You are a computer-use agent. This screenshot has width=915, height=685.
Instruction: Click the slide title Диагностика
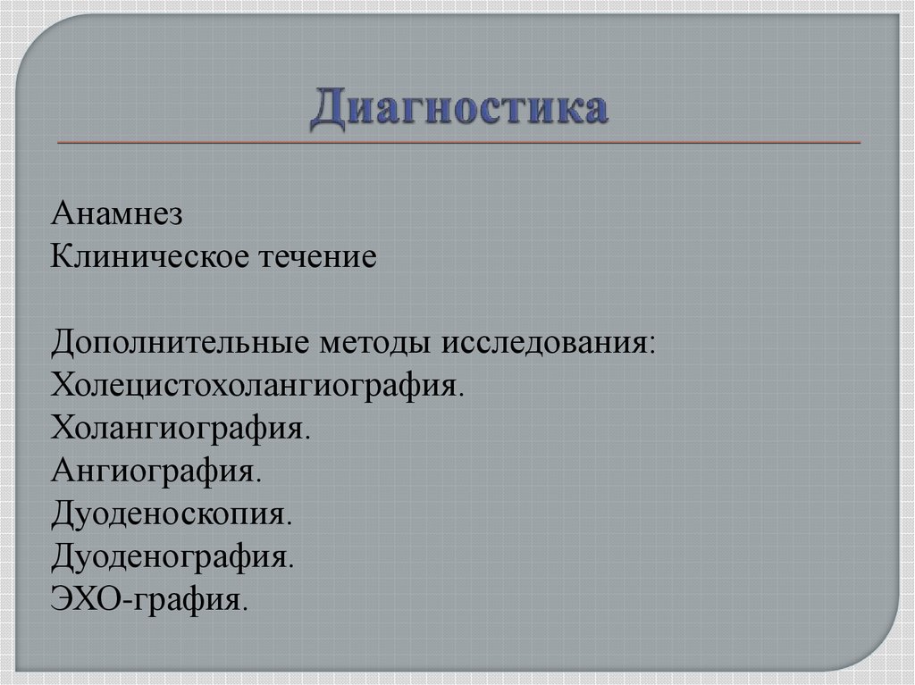coord(459,109)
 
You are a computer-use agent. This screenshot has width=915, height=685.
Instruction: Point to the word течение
coord(317,259)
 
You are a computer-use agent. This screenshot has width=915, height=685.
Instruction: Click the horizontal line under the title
coord(459,142)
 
